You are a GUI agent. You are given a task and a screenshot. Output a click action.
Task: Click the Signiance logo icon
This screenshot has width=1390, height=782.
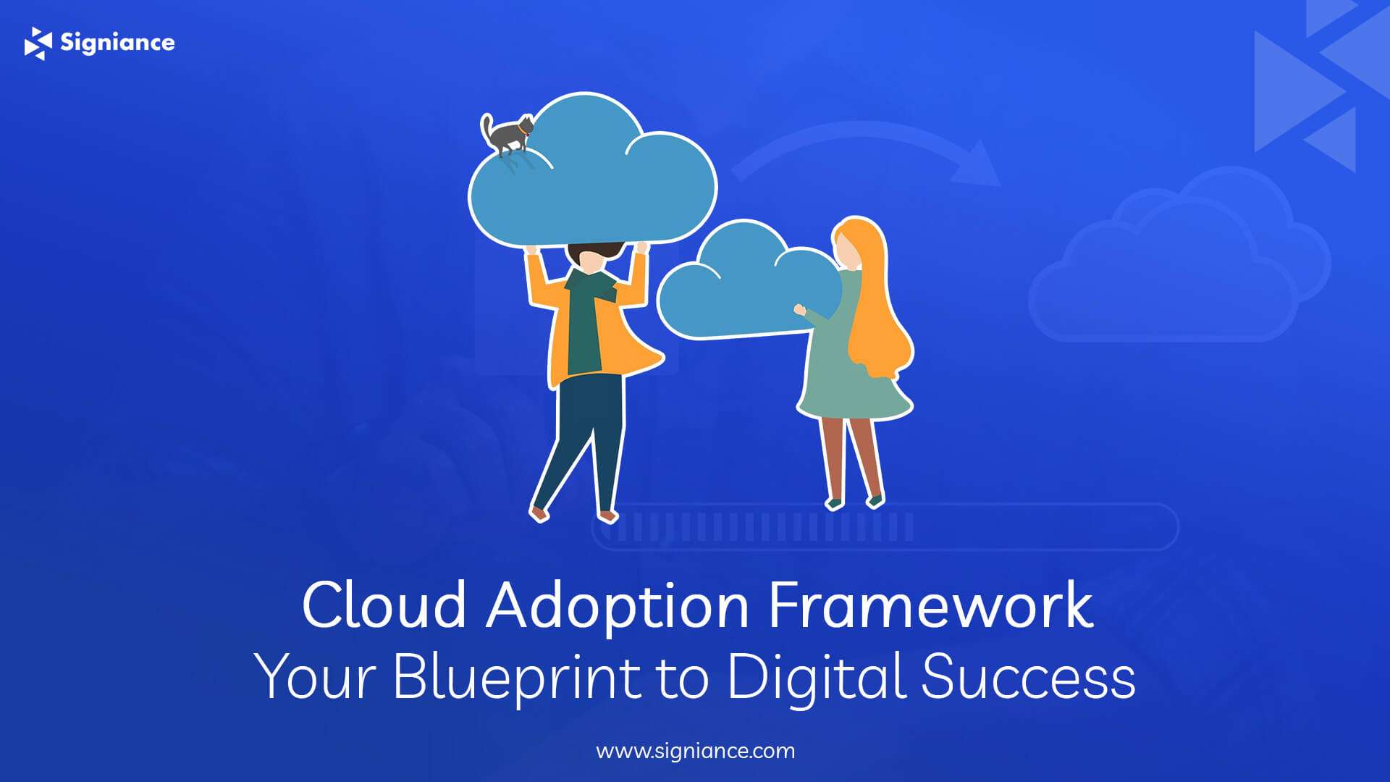coord(38,43)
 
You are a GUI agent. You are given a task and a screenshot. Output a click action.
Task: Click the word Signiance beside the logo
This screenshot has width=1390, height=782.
coord(117,43)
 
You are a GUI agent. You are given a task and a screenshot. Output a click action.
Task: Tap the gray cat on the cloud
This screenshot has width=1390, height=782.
coord(507,134)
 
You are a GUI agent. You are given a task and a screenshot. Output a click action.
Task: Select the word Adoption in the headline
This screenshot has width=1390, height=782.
coord(618,606)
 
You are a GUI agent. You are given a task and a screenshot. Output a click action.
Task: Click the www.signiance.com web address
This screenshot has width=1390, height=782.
coord(695,751)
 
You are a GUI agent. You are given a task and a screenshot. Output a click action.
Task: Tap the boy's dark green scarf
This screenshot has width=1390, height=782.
coord(586,319)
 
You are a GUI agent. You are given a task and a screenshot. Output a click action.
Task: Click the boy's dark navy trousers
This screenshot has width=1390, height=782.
coord(583,442)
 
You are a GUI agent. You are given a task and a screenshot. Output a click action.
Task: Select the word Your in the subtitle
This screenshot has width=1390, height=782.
coord(316,676)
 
